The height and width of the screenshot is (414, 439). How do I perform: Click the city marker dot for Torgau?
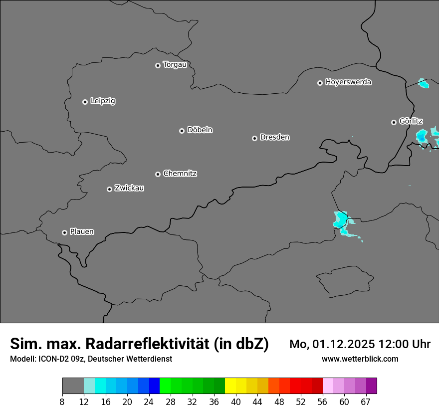(158, 65)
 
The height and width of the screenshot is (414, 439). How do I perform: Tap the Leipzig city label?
(103, 101)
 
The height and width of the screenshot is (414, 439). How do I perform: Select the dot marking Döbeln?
(182, 131)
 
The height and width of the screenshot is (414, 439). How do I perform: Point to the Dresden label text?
(275, 137)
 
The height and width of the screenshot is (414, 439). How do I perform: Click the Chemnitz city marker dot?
(158, 174)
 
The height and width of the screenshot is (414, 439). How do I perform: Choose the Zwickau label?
(129, 188)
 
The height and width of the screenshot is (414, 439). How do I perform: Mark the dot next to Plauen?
(64, 232)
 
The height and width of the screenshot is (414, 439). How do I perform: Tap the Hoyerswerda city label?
(348, 82)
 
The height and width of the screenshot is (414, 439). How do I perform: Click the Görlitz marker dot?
(394, 122)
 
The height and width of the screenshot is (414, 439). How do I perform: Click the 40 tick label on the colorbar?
(236, 402)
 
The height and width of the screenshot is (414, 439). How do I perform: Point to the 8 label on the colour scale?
(62, 402)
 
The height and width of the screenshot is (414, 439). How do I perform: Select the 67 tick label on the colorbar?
(366, 402)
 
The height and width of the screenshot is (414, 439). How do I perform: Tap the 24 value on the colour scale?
(149, 402)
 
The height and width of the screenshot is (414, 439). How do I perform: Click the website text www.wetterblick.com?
(360, 359)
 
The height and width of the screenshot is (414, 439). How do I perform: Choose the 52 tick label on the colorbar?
(301, 402)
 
